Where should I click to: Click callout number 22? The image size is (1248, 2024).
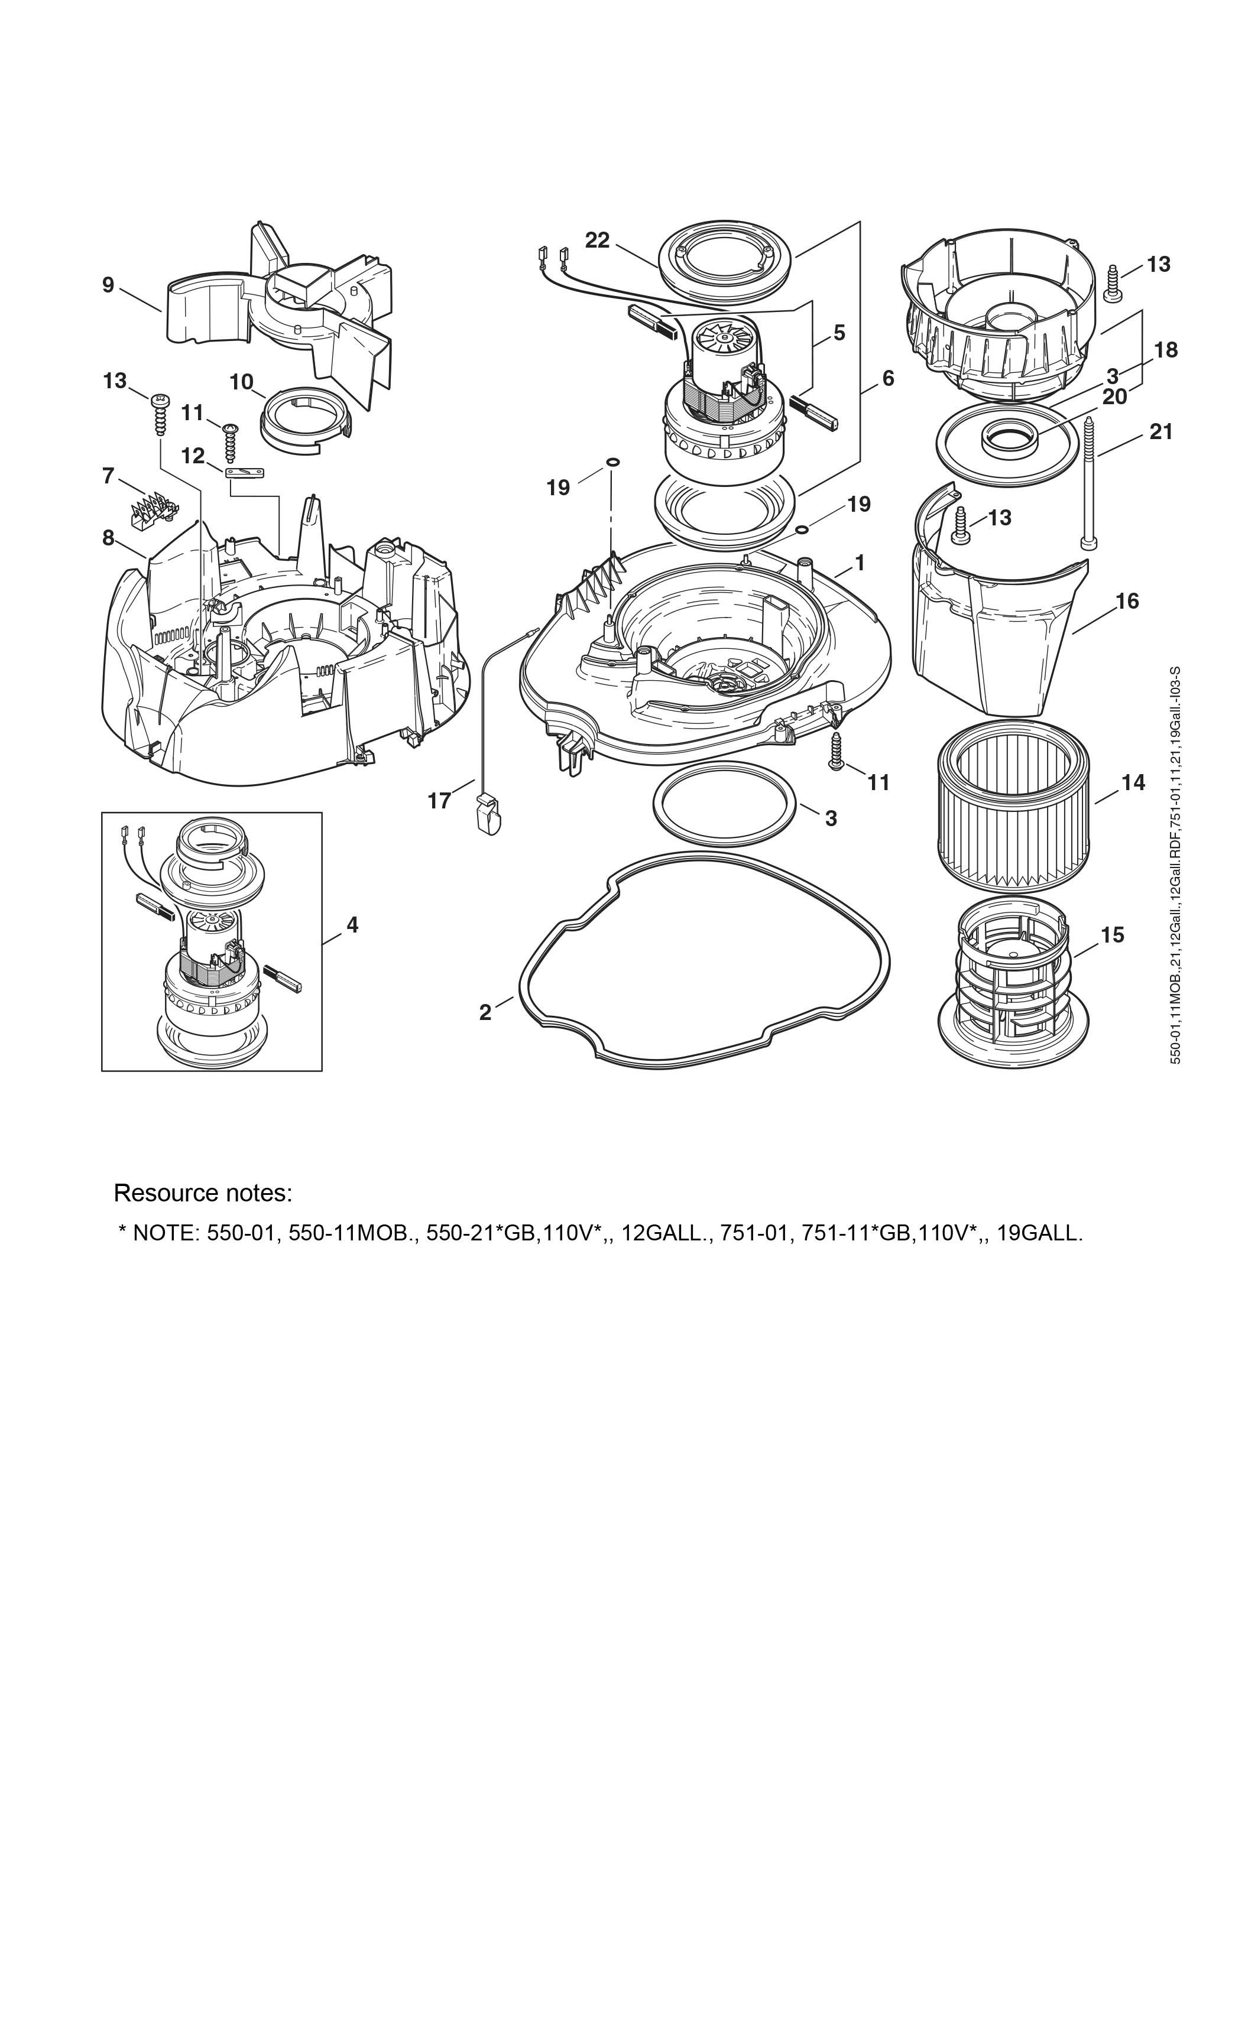click(x=598, y=240)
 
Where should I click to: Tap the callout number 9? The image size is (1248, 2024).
click(x=108, y=285)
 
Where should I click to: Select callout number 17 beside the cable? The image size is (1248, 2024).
click(x=439, y=800)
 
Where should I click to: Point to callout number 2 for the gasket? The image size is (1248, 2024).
click(x=485, y=1012)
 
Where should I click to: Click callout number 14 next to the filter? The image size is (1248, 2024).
click(x=1133, y=782)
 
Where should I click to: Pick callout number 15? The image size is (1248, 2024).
click(x=1112, y=935)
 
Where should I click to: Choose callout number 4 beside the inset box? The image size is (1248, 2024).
click(x=352, y=925)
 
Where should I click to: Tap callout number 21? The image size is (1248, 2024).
click(x=1161, y=431)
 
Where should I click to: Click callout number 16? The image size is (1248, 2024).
click(x=1127, y=600)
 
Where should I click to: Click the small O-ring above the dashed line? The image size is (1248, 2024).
click(x=612, y=462)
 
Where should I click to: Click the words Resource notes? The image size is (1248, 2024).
click(x=203, y=1193)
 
